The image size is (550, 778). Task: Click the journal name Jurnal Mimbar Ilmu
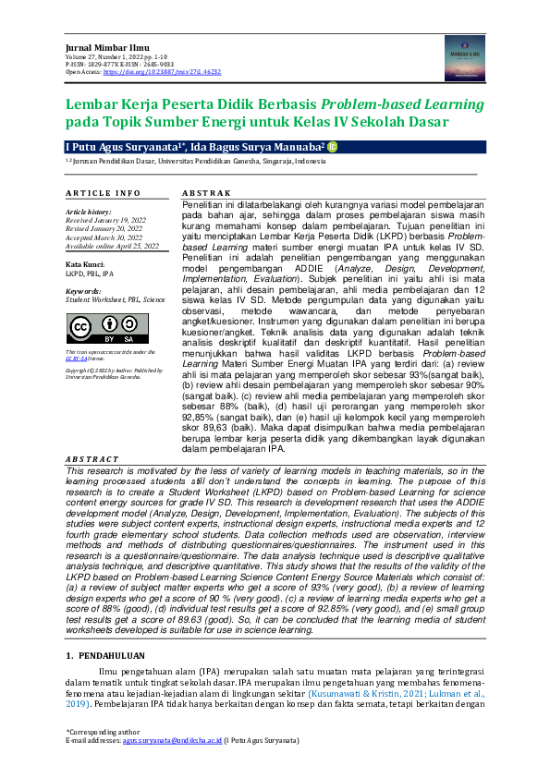(x=97, y=46)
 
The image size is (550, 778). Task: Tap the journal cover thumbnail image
(x=465, y=57)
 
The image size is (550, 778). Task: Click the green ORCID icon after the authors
(x=333, y=146)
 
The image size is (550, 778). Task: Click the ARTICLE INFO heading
(x=103, y=192)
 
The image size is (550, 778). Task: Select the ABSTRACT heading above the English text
(x=92, y=459)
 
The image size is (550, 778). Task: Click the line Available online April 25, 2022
(x=112, y=246)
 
